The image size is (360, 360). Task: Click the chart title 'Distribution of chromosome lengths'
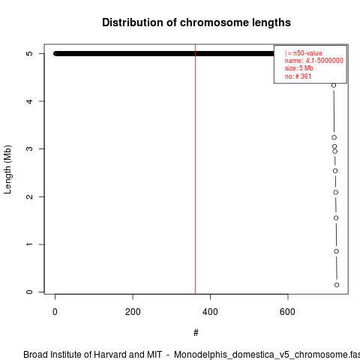tap(196, 22)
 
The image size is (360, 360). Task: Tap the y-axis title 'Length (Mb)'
tap(7, 169)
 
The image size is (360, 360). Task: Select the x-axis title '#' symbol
tap(196, 333)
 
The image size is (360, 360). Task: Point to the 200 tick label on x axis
tap(133, 312)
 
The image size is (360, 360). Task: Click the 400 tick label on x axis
tap(210, 312)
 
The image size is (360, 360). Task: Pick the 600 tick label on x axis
tap(287, 312)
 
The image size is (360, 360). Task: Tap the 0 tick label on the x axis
tap(55, 312)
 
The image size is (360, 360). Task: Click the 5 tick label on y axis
tap(29, 53)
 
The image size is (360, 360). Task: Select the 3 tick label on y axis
tap(29, 148)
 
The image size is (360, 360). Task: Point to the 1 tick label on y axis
tap(29, 244)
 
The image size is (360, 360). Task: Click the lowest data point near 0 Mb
tap(337, 285)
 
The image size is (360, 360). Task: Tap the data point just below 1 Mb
tap(337, 251)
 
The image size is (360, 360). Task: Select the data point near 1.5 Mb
tap(336, 218)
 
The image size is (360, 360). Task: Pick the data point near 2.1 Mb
tap(336, 192)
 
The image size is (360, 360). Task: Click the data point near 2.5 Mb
tap(335, 171)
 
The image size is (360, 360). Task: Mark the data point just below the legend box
tap(334, 85)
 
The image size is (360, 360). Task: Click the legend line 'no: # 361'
tap(298, 76)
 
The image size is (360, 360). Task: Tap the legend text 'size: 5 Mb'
tap(299, 68)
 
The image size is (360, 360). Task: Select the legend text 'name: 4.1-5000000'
tap(314, 61)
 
